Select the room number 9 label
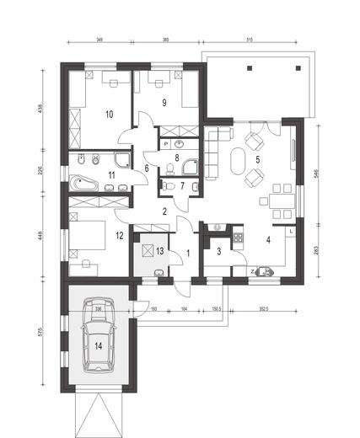point(165,104)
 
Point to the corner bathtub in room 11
point(84,180)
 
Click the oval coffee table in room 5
point(235,159)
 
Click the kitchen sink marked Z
point(266,270)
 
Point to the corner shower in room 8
point(191,165)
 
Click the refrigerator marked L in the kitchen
point(290,231)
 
